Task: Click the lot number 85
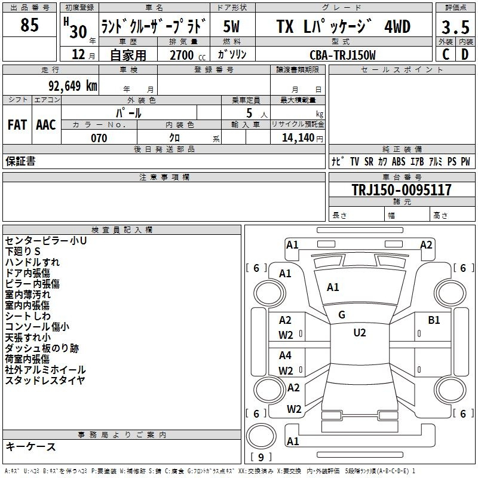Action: point(29,24)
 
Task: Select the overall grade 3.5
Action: point(455,27)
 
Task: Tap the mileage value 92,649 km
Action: point(73,86)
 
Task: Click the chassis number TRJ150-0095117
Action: point(402,189)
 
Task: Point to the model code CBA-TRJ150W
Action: point(342,55)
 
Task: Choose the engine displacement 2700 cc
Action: point(188,55)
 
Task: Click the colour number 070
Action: point(99,138)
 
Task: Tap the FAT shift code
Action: point(17,125)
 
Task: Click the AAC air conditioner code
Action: point(46,125)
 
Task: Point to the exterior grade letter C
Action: point(446,54)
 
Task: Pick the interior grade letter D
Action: point(465,54)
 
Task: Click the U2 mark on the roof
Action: point(360,333)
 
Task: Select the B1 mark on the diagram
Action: point(434,320)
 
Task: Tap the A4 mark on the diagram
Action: point(285,355)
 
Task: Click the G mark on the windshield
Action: point(342,315)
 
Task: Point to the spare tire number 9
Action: point(261,457)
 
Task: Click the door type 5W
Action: point(231,26)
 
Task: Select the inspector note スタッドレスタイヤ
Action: point(45,380)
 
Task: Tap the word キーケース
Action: point(30,446)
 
